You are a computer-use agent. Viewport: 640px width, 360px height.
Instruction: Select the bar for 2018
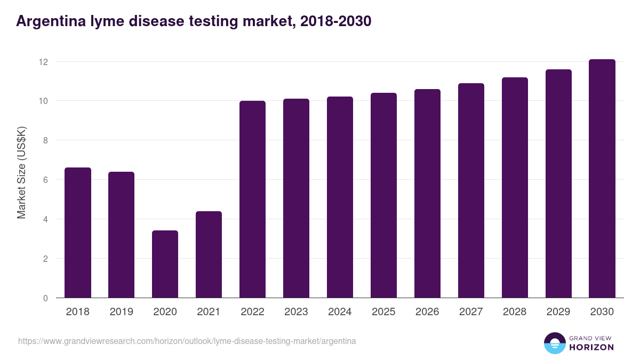tap(78, 233)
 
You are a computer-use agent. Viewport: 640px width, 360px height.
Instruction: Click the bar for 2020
tap(165, 265)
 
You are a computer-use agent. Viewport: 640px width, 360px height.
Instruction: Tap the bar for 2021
tap(209, 255)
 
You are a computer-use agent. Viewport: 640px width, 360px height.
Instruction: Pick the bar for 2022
tap(253, 199)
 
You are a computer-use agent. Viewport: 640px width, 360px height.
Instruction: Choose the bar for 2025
tap(384, 196)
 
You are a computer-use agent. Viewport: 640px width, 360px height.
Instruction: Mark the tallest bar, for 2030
tap(603, 179)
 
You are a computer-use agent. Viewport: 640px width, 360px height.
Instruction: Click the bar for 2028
tap(515, 188)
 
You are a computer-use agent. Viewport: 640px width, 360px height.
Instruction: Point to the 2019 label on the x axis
tap(122, 312)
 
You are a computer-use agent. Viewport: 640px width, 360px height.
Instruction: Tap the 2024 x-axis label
tap(340, 312)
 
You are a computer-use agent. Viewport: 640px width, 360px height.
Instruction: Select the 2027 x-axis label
tap(471, 312)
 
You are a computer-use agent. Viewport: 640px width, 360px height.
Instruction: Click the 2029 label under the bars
tap(559, 312)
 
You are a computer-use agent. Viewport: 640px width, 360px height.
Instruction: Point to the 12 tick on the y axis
tap(43, 62)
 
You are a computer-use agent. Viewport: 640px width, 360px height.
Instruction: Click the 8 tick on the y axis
tap(45, 141)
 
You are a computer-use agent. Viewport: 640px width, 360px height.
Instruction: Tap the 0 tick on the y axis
tap(45, 298)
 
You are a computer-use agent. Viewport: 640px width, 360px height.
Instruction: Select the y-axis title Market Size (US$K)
tap(21, 172)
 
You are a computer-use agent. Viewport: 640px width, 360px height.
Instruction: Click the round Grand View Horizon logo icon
tap(555, 343)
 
